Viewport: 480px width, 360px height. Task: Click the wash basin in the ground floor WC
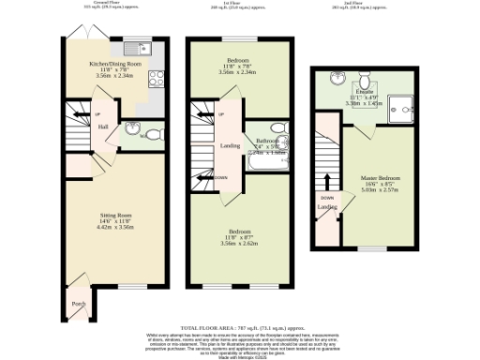click(132, 128)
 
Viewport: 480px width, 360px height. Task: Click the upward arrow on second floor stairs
click(327, 181)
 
